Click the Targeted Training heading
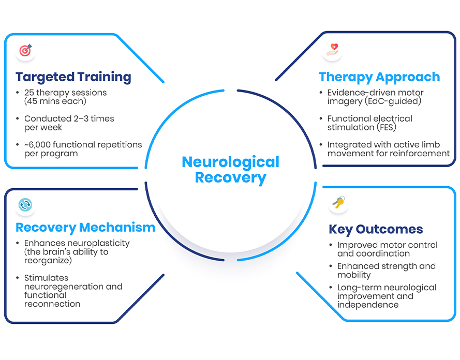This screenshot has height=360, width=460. [73, 77]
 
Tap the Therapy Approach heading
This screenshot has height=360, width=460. [379, 77]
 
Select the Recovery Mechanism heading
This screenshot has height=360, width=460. [85, 227]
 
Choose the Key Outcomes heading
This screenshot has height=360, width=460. [376, 229]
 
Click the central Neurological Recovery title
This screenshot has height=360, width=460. [230, 170]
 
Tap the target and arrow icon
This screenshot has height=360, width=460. [25, 51]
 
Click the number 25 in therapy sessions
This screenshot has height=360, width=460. [29, 93]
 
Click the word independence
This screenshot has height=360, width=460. [368, 305]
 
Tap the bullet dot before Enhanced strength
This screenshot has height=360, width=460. [331, 266]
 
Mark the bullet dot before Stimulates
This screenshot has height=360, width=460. [19, 278]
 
